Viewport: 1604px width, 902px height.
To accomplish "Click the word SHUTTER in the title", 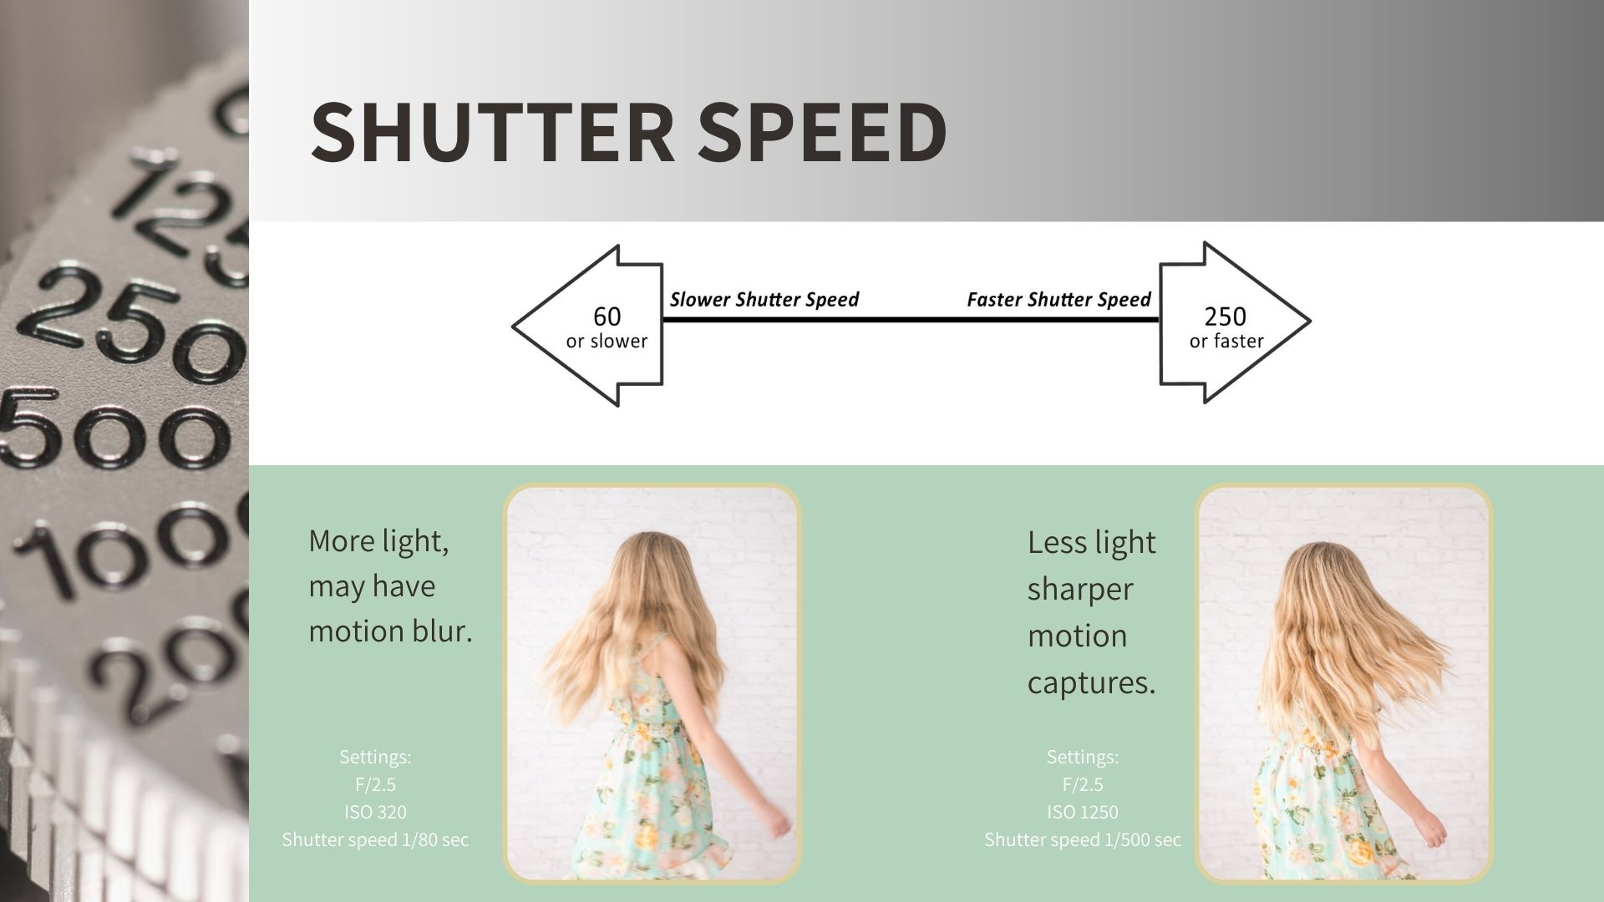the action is pos(492,132).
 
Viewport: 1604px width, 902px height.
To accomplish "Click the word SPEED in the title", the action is pos(822,132).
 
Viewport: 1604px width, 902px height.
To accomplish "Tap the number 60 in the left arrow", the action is pos(607,317).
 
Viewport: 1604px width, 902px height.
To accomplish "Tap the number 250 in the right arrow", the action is pos(1226,317).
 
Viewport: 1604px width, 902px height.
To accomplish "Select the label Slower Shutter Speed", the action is pos(764,299).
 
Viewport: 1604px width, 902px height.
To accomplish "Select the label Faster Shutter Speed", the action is pos(1058,299).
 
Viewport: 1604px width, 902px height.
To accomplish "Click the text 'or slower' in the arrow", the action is pos(607,341).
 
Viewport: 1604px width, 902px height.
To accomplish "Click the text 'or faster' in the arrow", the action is pos(1226,341).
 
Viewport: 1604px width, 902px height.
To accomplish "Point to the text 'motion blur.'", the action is pos(390,631).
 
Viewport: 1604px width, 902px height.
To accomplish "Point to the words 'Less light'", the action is pos(1091,543).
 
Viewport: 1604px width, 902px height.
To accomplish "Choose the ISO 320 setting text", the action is pos(375,812).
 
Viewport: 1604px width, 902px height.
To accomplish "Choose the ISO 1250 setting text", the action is pos(1083,812).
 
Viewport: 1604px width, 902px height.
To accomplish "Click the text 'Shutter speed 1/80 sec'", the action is pos(375,839).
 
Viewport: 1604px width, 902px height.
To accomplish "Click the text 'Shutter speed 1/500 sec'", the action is pos(1083,839).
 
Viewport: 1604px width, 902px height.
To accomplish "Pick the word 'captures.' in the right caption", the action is pos(1091,683).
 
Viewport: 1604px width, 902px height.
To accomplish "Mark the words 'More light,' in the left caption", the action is pos(378,541).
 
